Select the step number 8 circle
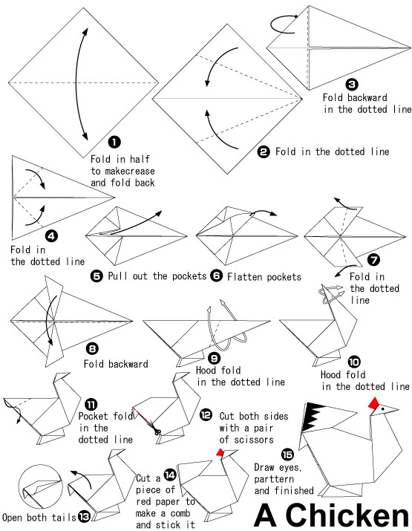point(92,348)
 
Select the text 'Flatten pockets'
point(264,277)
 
